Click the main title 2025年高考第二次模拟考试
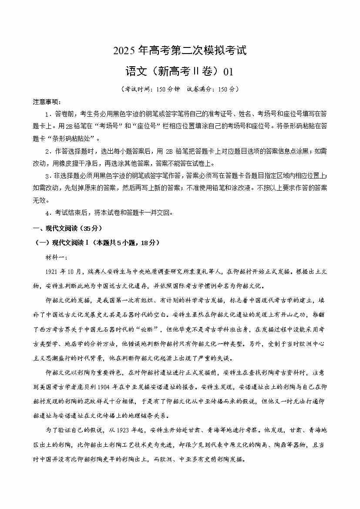[180, 51]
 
